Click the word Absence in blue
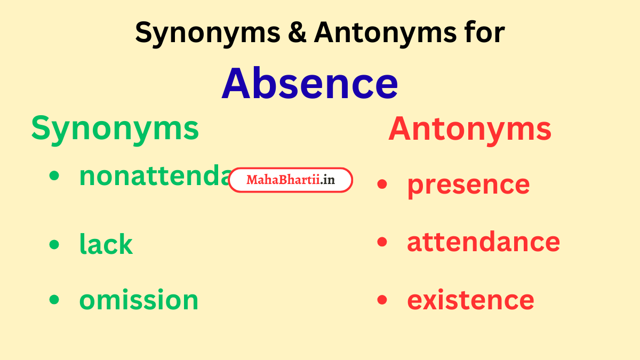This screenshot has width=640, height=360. [310, 84]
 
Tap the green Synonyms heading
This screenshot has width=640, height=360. [115, 129]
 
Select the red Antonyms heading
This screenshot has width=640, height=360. [470, 129]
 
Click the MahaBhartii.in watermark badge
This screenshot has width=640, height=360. [291, 180]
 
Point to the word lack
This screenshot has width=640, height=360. [106, 244]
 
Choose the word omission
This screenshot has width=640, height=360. [139, 300]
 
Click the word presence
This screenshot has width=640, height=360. [468, 184]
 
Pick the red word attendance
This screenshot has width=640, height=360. [483, 242]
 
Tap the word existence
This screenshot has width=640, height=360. [470, 300]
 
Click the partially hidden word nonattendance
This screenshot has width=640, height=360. [155, 176]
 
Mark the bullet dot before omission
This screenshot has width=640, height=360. [54, 300]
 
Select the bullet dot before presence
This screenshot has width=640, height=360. [382, 185]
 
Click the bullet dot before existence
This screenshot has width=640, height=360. [382, 300]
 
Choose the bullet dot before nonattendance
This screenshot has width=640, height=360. [54, 177]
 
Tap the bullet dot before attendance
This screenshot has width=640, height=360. [382, 242]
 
